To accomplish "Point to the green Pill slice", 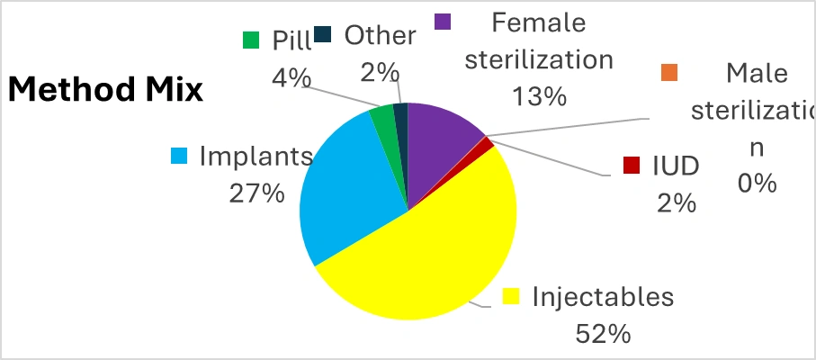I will [x=384, y=121].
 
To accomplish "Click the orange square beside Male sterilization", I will [x=668, y=71].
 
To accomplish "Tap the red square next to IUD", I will [x=632, y=166].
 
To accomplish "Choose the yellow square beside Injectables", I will [x=511, y=296].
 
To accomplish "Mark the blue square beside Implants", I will [x=179, y=156].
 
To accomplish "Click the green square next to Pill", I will [x=251, y=40].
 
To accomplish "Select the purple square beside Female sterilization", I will [x=442, y=21].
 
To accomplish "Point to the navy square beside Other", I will [x=324, y=35].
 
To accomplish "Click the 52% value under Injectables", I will [x=603, y=334].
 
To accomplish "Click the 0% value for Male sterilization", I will [x=757, y=183].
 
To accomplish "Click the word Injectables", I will [x=603, y=296].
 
